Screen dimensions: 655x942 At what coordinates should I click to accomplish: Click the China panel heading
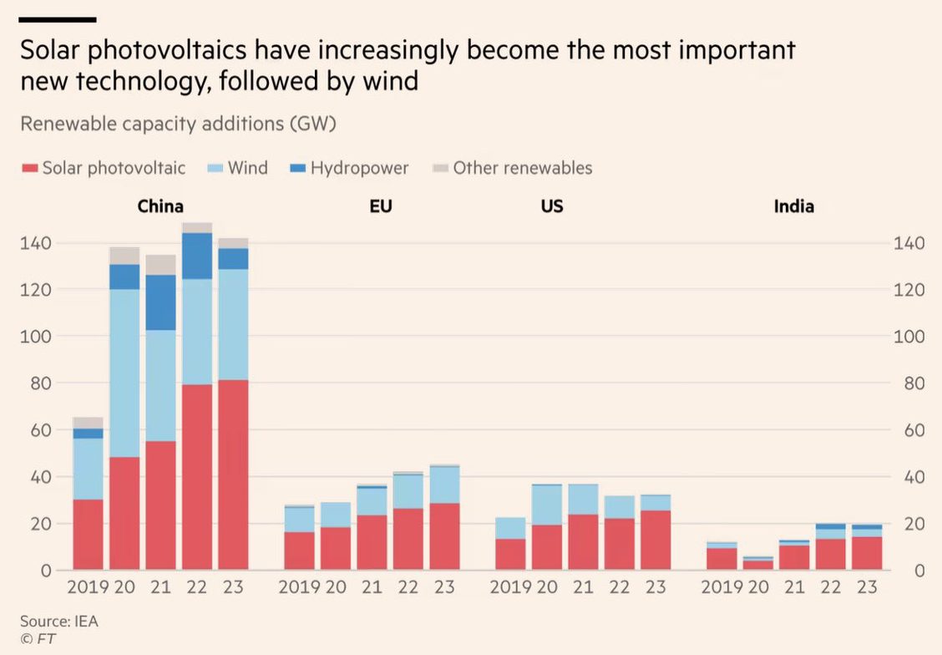(x=160, y=206)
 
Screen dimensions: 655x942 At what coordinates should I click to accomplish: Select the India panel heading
(x=793, y=206)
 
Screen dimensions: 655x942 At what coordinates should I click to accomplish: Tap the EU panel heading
(x=381, y=206)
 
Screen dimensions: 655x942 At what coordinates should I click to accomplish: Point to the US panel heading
(x=552, y=206)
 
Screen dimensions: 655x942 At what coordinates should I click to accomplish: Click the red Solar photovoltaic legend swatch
(x=29, y=169)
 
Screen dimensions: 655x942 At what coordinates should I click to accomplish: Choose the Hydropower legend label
(x=359, y=168)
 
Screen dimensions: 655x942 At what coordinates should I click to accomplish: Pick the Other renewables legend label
(x=522, y=168)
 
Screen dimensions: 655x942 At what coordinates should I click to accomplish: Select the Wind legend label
(x=247, y=168)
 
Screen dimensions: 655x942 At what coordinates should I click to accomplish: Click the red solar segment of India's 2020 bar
(x=757, y=565)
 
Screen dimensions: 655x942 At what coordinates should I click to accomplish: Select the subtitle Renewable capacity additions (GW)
(x=178, y=124)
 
